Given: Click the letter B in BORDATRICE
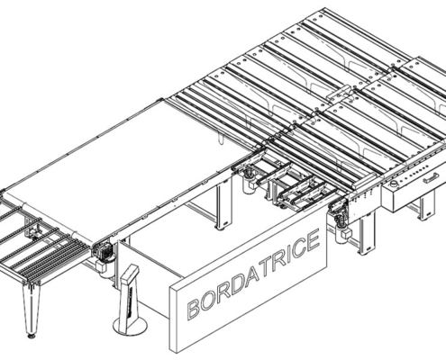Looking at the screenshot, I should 192,307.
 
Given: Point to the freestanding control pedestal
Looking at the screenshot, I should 130,297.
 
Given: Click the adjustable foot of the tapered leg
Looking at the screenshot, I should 32,336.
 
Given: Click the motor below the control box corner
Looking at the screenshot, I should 340,215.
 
